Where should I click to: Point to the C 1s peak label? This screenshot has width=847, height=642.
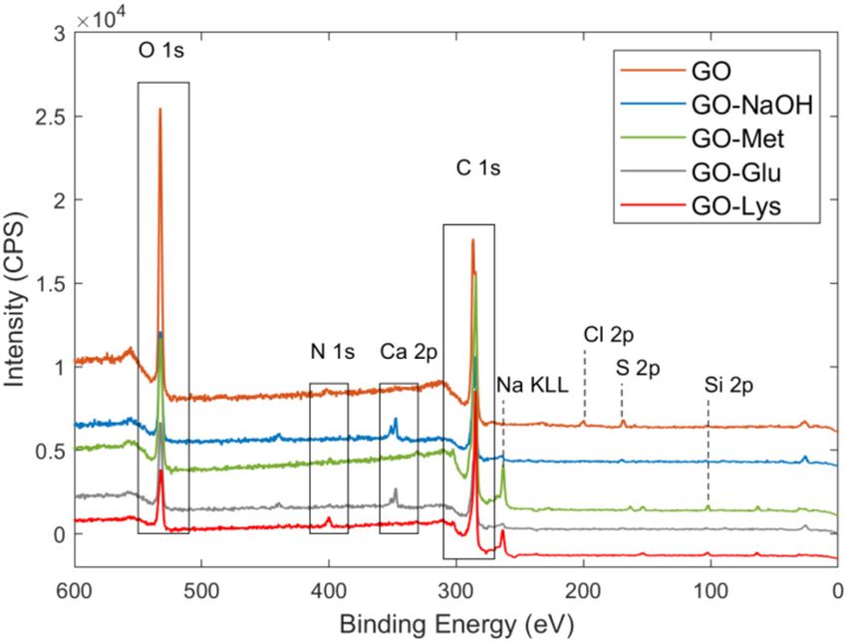(x=478, y=168)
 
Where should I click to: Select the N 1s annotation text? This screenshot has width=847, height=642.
(x=331, y=352)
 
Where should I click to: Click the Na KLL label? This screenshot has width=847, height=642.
(x=532, y=385)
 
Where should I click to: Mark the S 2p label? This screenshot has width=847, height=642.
(x=638, y=367)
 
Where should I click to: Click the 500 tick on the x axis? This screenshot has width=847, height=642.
(x=202, y=590)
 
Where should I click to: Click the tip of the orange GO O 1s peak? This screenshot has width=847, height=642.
(x=159, y=109)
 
